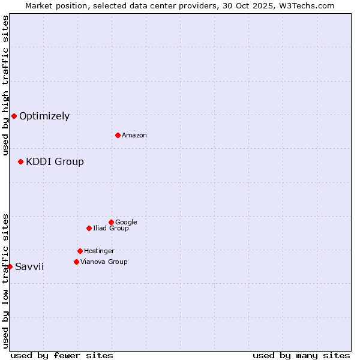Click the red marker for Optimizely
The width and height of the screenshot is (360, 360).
click(14, 116)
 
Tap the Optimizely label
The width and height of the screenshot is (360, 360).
click(44, 116)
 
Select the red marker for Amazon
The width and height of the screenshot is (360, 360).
click(118, 135)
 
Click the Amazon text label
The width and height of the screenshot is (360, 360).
click(134, 136)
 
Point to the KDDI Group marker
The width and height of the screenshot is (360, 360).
click(20, 161)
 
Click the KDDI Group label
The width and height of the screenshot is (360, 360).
click(55, 162)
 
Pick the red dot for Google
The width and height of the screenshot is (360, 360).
click(111, 222)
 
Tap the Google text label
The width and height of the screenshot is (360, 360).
click(126, 223)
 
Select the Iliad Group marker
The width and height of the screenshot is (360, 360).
click(89, 228)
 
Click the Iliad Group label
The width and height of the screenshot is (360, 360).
click(111, 229)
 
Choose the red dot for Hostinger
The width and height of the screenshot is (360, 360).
click(80, 251)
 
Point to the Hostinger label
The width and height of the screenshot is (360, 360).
click(99, 251)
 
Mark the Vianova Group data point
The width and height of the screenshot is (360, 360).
click(76, 262)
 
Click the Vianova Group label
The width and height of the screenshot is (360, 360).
click(104, 262)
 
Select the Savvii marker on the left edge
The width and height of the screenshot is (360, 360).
click(10, 266)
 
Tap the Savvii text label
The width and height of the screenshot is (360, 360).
click(29, 267)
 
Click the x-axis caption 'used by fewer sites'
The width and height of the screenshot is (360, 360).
click(62, 355)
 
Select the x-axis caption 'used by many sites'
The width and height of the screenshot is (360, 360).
click(301, 355)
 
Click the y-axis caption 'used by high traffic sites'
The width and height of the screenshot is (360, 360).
click(5, 85)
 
